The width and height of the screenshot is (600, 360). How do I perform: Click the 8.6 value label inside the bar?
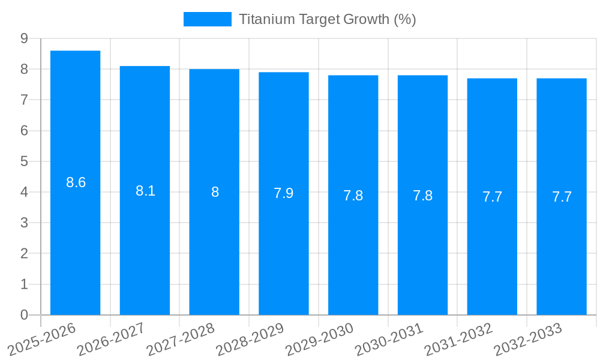pyautogui.click(x=76, y=182)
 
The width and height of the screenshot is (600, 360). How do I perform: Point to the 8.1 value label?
pyautogui.click(x=145, y=191)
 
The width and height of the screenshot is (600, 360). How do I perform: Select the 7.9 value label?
pyautogui.click(x=283, y=193)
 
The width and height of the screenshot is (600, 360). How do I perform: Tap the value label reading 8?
pyautogui.click(x=215, y=192)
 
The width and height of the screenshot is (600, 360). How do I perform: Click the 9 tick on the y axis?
pyautogui.click(x=24, y=38)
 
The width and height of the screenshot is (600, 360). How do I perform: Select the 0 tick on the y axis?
pyautogui.click(x=24, y=315)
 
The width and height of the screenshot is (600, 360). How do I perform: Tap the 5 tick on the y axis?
pyautogui.click(x=24, y=161)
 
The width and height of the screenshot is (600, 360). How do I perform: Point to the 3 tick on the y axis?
pyautogui.click(x=24, y=223)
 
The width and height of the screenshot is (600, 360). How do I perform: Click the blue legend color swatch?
pyautogui.click(x=207, y=19)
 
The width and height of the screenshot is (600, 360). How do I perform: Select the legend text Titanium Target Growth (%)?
pyautogui.click(x=327, y=19)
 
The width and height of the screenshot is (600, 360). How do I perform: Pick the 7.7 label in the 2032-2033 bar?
pyautogui.click(x=562, y=197)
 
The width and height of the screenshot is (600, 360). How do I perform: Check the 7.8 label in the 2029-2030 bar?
pyautogui.click(x=353, y=196)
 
